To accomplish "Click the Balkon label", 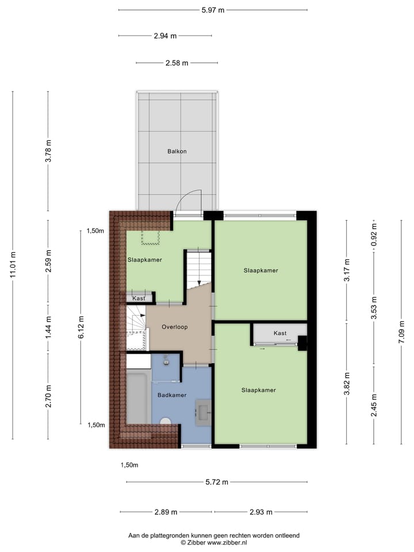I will pyautogui.click(x=177, y=152).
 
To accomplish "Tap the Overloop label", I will pyautogui.click(x=174, y=327).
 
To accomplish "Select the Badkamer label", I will pyautogui.click(x=172, y=395).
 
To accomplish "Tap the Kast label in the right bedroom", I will pyautogui.click(x=280, y=333).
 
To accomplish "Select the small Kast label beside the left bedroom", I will pyautogui.click(x=139, y=298).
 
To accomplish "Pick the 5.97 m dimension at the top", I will pyautogui.click(x=212, y=10).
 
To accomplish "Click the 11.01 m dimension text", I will pyautogui.click(x=13, y=266).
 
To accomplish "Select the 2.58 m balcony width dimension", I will pyautogui.click(x=177, y=63).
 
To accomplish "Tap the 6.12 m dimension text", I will pyautogui.click(x=82, y=327).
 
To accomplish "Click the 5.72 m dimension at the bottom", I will pyautogui.click(x=216, y=482).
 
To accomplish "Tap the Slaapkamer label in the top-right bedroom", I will pyautogui.click(x=260, y=270).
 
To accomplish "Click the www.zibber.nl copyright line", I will pyautogui.click(x=213, y=542).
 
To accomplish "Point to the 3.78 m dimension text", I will pyautogui.click(x=49, y=151).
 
